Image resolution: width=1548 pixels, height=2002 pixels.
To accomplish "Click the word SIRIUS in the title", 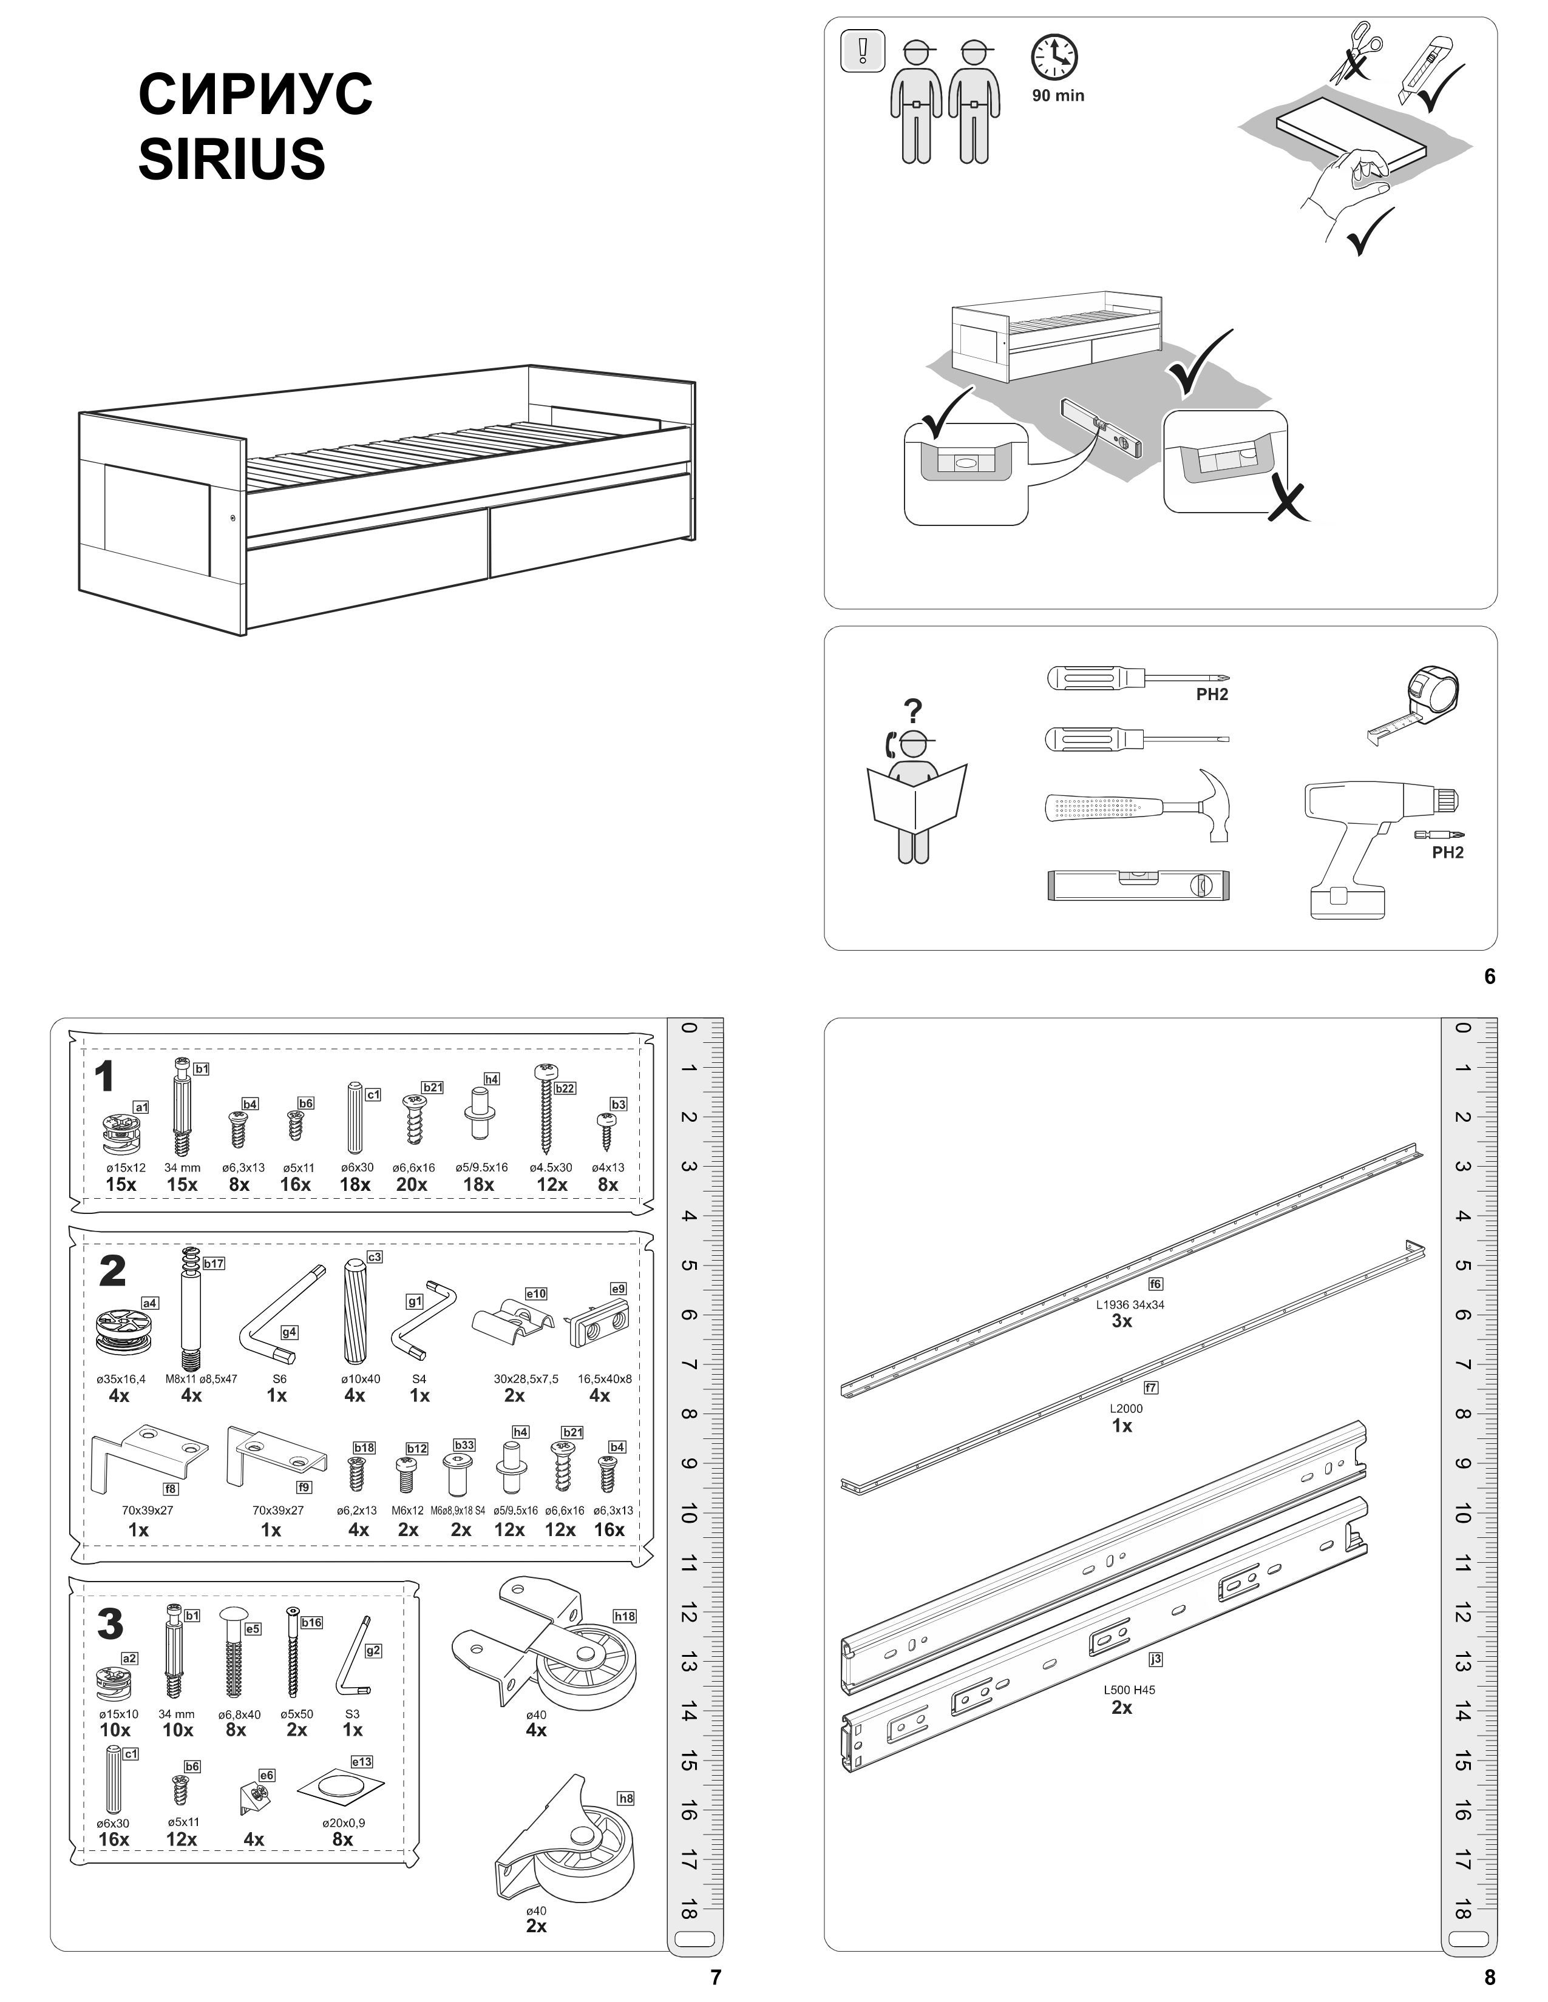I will [x=231, y=158].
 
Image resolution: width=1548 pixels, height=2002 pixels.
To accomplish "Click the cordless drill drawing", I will [x=1366, y=843].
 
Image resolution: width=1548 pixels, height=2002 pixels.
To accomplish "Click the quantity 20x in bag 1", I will [x=412, y=1184].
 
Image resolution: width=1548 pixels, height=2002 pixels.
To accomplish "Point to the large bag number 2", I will [x=112, y=1272].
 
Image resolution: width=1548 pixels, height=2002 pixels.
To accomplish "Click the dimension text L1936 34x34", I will [x=1130, y=1304].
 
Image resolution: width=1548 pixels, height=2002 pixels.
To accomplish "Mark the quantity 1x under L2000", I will [x=1122, y=1426].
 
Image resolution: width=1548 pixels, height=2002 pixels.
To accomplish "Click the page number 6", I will [x=1489, y=977].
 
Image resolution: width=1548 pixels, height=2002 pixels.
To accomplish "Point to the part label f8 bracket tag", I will [x=171, y=1489].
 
